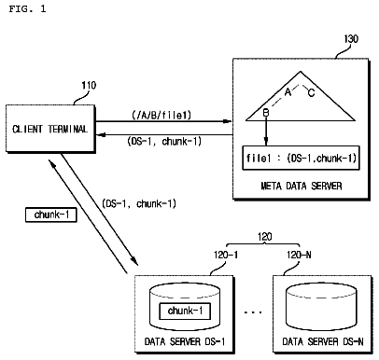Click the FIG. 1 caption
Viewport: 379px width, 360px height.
pos(27,8)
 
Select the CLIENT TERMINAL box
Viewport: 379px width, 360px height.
pos(50,129)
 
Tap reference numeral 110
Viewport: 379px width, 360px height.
pos(89,85)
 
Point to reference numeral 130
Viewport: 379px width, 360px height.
pos(351,39)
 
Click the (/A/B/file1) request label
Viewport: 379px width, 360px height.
pos(161,116)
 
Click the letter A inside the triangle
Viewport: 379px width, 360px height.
pos(288,91)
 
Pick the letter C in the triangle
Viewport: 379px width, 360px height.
pos(311,92)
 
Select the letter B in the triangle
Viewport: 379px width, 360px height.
pos(266,113)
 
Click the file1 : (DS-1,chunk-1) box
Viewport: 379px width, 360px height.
pos(301,158)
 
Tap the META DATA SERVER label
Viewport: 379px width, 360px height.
pos(302,186)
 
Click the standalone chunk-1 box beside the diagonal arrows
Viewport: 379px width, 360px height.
pos(51,215)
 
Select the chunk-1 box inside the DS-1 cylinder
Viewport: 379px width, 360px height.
pos(185,311)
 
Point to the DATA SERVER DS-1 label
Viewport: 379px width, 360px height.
pos(185,341)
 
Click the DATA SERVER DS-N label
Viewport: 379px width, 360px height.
pos(323,341)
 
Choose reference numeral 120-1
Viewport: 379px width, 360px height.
pos(226,256)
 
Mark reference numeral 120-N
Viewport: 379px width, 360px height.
pos(299,256)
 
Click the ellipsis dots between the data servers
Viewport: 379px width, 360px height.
pos(253,312)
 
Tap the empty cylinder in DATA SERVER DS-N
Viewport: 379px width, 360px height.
pos(321,308)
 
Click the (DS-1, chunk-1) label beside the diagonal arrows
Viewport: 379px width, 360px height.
pos(139,204)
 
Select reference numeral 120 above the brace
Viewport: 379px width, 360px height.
pos(264,237)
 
